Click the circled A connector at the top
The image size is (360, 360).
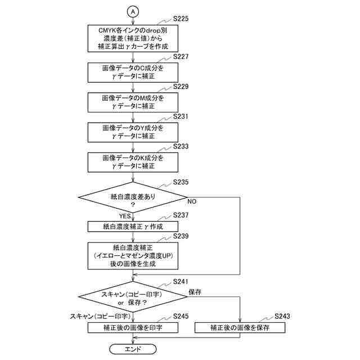133,11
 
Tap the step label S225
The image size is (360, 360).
181,19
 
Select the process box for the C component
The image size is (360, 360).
133,73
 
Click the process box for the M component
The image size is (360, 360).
133,102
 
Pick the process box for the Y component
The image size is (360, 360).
133,132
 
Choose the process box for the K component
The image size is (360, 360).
133,163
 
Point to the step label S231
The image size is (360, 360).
181,116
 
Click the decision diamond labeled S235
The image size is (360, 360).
133,197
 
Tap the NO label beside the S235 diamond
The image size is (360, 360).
192,201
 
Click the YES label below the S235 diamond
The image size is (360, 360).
125,216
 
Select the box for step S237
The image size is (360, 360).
133,227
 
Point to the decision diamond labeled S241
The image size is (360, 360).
133,296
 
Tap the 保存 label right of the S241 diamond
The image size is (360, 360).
195,292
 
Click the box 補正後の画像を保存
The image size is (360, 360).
240,327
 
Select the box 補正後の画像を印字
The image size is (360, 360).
133,327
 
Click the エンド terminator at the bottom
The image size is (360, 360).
133,349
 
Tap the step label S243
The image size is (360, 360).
282,316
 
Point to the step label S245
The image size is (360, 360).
181,316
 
